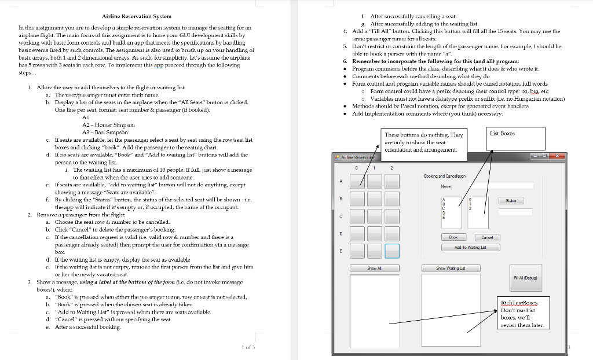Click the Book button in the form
[x=453, y=237]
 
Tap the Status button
[x=511, y=200]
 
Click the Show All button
[x=375, y=268]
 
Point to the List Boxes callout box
[x=502, y=133]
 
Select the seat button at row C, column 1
[x=375, y=216]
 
